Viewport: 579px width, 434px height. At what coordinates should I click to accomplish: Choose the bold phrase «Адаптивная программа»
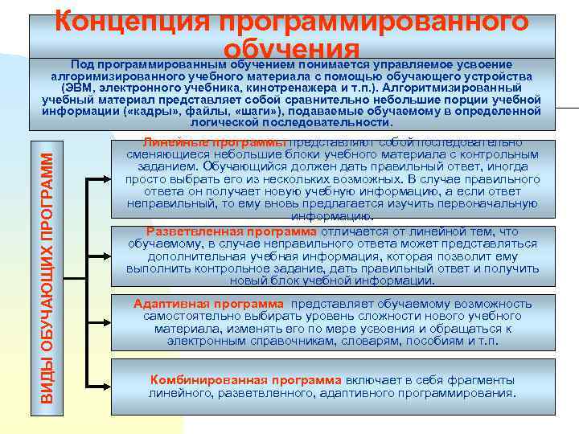click(x=208, y=304)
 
